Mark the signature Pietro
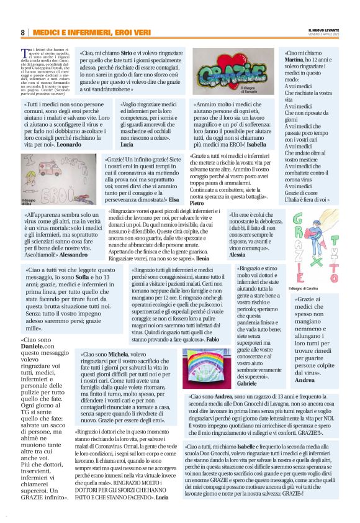tap(197, 202)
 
